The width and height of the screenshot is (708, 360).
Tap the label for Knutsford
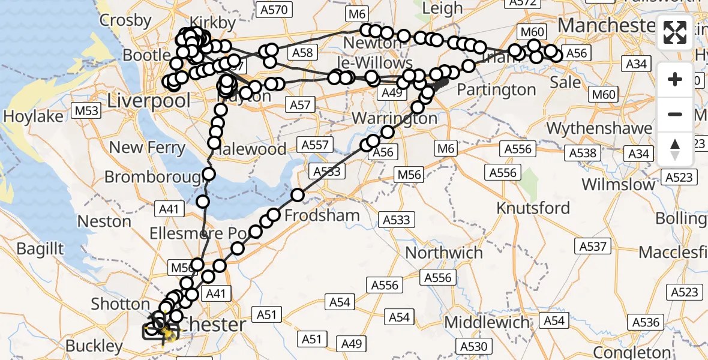pyautogui.click(x=533, y=208)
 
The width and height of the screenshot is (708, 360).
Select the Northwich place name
pyautogui.click(x=444, y=252)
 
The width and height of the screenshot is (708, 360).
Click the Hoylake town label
pyautogui.click(x=33, y=116)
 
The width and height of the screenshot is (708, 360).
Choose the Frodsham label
pyautogui.click(x=323, y=215)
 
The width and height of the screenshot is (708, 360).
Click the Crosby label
pyautogui.click(x=125, y=20)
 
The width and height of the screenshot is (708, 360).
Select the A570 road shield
pyautogui.click(x=274, y=9)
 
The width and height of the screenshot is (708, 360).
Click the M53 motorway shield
pyautogui.click(x=86, y=110)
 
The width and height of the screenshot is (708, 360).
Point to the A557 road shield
pyautogui.click(x=316, y=144)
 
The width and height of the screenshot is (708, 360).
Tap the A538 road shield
pyautogui.click(x=583, y=154)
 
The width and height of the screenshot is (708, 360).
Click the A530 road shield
pyautogui.click(x=474, y=346)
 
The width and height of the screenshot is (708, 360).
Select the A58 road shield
pyautogui.click(x=303, y=53)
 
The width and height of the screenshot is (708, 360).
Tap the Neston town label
pyautogui.click(x=104, y=221)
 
